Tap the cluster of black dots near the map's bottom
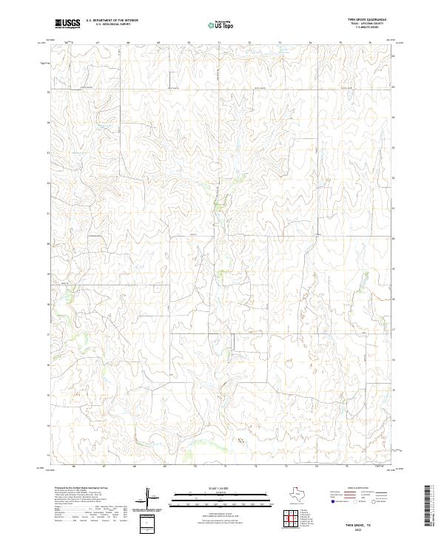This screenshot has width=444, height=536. pos(239,440)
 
